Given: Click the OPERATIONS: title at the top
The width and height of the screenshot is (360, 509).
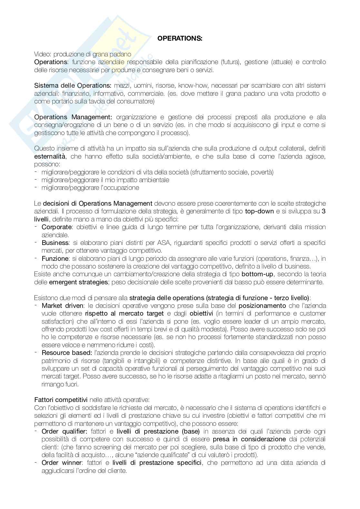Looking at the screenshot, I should tap(180, 39).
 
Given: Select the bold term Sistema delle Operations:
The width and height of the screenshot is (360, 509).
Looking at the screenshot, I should tap(73, 86).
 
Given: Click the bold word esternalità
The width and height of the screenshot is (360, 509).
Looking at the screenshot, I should tap(50, 156).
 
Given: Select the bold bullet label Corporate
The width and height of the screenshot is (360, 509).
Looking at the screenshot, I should tap(56, 227).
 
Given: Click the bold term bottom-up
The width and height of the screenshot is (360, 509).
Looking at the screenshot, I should tap(257, 274).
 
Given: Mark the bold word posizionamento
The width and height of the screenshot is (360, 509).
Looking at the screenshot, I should tap(262, 306).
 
